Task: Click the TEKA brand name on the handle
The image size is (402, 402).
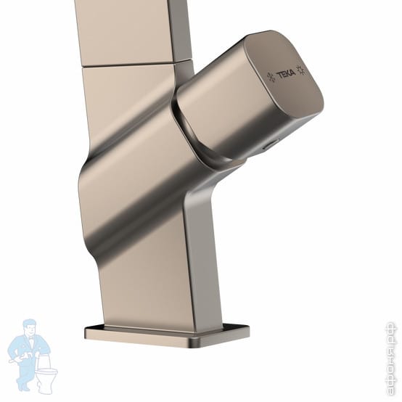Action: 286,74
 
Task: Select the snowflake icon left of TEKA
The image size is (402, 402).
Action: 271,77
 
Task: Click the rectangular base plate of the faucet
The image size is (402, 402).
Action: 167,336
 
